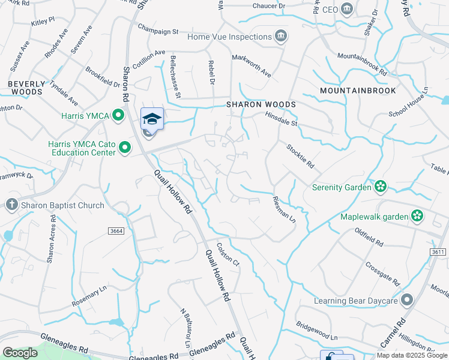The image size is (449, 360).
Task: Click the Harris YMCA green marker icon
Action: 118,115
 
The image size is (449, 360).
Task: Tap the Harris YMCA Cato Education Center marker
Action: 125,147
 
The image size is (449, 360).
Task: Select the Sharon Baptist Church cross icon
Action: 11,205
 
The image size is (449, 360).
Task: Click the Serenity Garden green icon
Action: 379,187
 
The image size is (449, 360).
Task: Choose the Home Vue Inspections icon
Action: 280,37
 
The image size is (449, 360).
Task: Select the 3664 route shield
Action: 116,230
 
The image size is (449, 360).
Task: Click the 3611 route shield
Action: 439,252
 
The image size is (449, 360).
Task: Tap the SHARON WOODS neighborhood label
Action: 261,104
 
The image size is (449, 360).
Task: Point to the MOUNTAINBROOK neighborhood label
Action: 358,91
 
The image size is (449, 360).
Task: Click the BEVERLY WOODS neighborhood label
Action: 26,88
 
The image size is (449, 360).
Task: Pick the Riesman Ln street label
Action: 285,209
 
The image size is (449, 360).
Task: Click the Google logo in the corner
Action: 20,353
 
